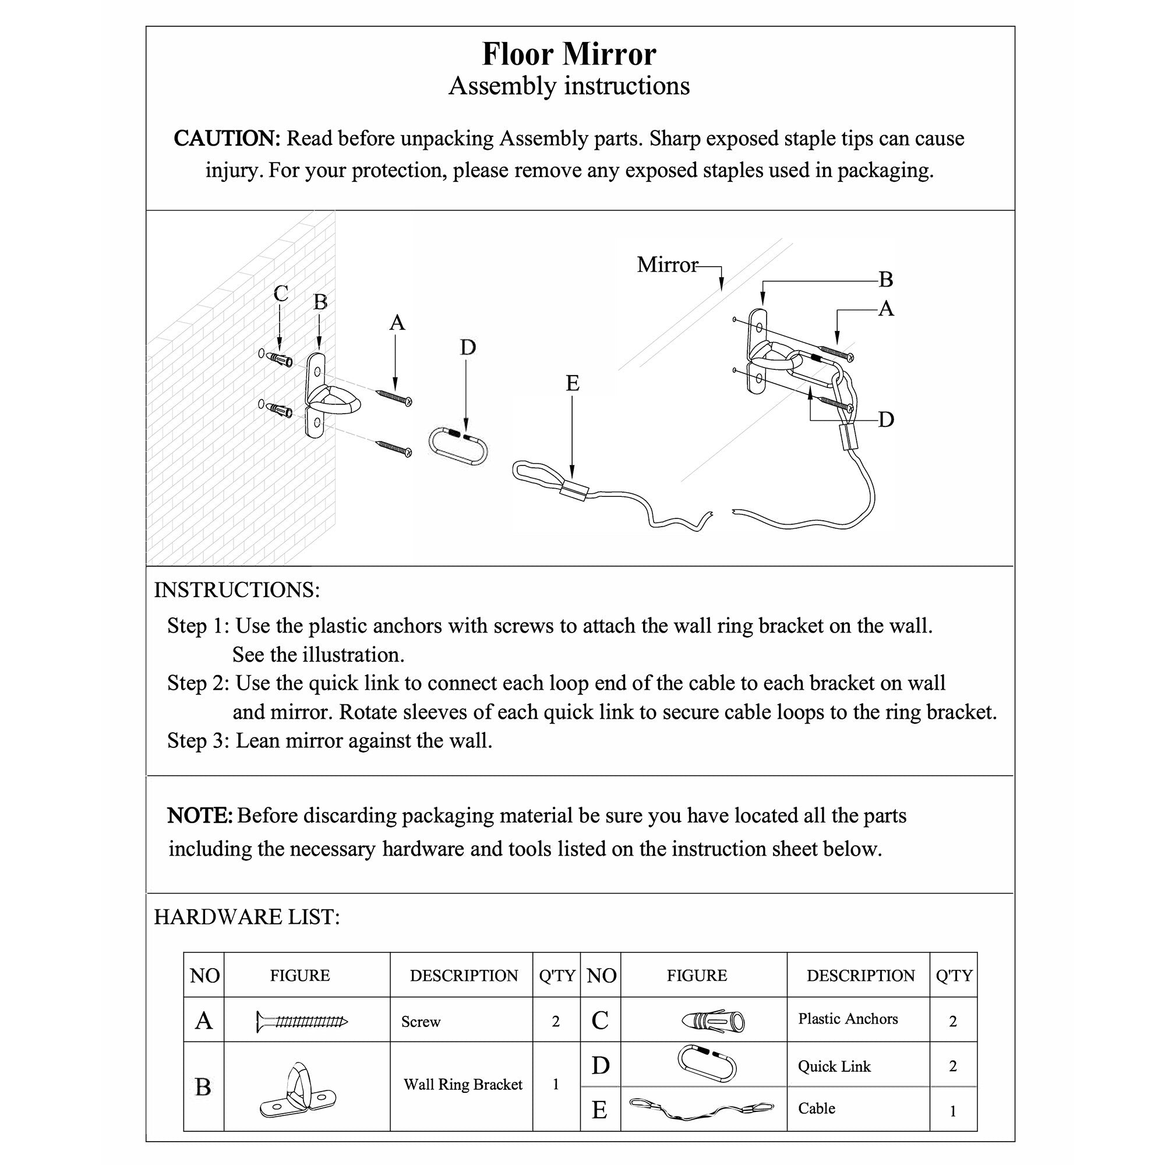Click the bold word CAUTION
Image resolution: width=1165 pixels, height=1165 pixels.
[x=227, y=138]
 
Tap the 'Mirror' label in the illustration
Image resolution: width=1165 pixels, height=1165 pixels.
[x=666, y=264]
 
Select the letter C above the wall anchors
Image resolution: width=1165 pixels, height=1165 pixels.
[x=280, y=294]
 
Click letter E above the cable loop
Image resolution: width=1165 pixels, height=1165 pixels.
[x=572, y=383]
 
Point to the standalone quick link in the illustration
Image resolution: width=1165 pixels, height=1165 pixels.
[x=458, y=446]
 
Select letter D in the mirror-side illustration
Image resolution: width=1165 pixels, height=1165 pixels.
[x=885, y=419]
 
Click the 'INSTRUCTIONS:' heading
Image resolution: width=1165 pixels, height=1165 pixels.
[x=237, y=589]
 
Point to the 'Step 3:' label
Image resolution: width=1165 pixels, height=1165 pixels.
[x=198, y=740]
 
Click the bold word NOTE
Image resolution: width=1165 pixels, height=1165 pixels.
[x=200, y=815]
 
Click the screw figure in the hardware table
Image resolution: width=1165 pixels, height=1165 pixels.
[x=302, y=1021]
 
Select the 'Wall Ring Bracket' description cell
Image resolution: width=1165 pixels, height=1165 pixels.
[x=463, y=1084]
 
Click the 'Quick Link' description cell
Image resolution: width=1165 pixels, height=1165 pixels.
[x=834, y=1066]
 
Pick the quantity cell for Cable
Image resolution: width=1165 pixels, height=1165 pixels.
[x=953, y=1111]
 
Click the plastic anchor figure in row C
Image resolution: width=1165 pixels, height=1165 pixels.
[x=714, y=1021]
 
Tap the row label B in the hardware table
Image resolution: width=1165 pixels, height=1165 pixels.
[x=203, y=1086]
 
